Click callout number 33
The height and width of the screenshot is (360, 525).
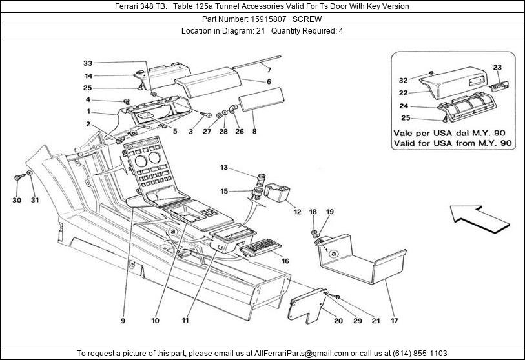(x=88, y=63)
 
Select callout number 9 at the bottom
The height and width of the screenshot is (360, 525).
(x=122, y=318)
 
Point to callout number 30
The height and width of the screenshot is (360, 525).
(x=17, y=200)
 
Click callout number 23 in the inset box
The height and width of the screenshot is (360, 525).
(x=497, y=68)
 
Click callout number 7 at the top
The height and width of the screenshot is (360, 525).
(x=269, y=69)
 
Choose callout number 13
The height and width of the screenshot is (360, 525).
(x=224, y=168)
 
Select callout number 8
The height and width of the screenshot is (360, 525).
(x=254, y=132)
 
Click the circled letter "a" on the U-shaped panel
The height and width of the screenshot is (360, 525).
(x=333, y=254)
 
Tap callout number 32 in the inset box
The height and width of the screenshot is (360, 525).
(x=403, y=81)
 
